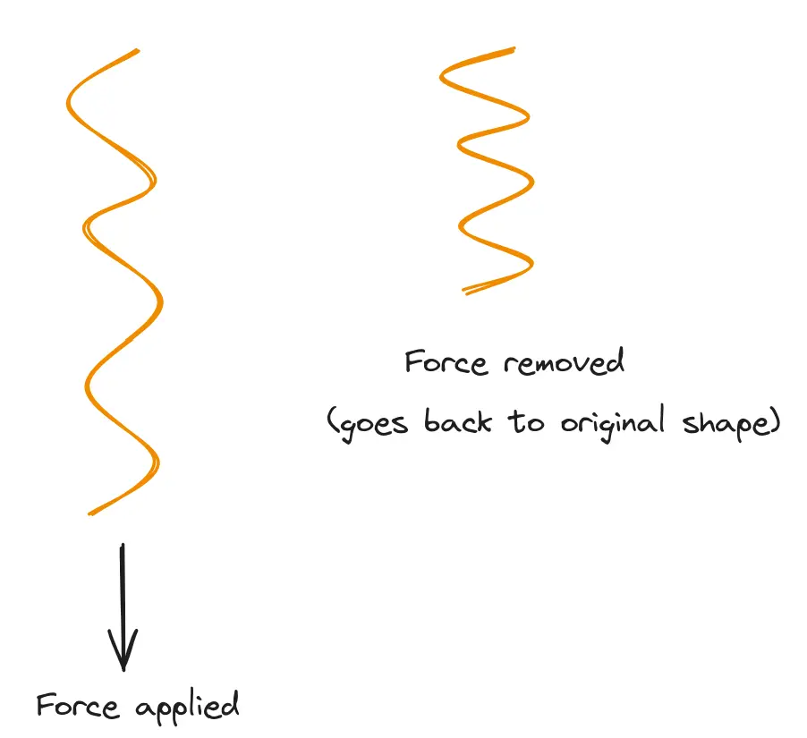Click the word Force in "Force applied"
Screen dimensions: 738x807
pos(78,706)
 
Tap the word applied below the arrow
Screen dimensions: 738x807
pos(187,708)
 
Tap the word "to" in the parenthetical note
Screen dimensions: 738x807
pos(528,421)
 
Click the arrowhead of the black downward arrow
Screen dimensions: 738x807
pos(123,657)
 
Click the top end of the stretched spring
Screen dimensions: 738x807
pos(137,50)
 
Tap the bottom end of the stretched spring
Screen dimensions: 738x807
pos(89,513)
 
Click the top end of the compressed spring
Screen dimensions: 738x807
pos(514,48)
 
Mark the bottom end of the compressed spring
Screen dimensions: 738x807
pos(464,291)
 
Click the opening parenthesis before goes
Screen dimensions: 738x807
pos(332,422)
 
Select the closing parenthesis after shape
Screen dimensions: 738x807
pos(775,421)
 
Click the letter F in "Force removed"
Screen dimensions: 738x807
pos(413,362)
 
